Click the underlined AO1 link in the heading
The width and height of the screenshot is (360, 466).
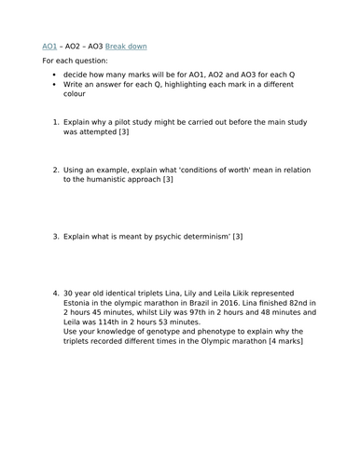click(50, 46)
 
